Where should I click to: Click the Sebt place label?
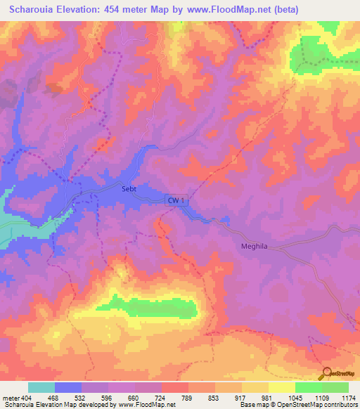122,188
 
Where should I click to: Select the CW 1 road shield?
177,200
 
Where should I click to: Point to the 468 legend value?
52,398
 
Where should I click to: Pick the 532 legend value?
82,398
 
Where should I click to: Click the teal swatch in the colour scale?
41,387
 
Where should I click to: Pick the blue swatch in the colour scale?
68,387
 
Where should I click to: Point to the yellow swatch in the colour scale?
282,387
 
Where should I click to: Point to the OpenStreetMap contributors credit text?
323,405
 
